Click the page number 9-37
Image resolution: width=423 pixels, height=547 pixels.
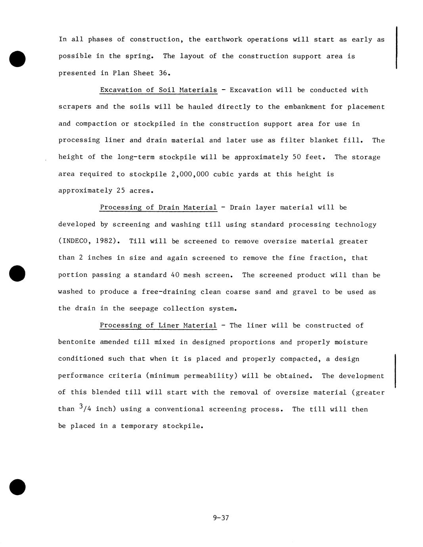click(221, 518)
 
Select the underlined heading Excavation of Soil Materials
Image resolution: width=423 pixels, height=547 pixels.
click(159, 90)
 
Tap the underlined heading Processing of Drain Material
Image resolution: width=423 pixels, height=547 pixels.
click(158, 207)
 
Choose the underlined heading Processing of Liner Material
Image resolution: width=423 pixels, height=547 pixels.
click(158, 325)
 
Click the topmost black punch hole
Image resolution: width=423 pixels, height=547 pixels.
click(17, 58)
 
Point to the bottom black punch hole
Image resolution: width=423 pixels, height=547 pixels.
click(17, 487)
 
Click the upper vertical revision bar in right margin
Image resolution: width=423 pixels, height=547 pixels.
click(396, 48)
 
